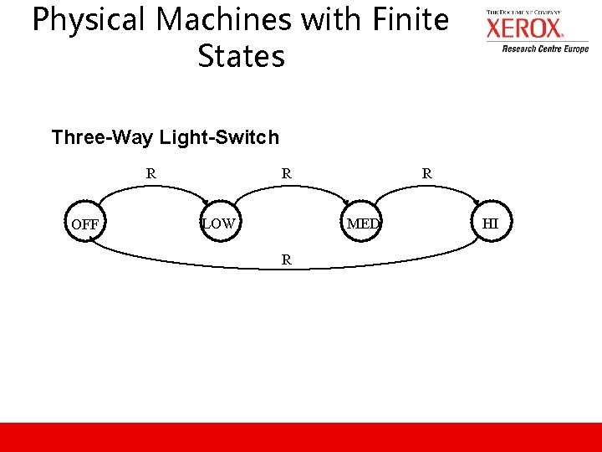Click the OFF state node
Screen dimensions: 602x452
(84, 224)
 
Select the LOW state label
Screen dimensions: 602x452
(218, 223)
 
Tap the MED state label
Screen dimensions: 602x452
(363, 223)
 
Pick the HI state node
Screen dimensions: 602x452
(491, 223)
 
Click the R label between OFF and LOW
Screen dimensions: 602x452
(150, 174)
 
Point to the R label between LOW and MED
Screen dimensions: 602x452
(286, 174)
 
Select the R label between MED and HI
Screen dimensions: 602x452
(426, 174)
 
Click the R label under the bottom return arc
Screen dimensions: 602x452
(286, 259)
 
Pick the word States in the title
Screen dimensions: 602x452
(241, 56)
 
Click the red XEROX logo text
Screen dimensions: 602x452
(525, 29)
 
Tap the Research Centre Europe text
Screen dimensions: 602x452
(545, 49)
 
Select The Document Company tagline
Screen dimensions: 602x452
(523, 13)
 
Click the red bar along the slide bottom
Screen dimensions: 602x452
(301, 437)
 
